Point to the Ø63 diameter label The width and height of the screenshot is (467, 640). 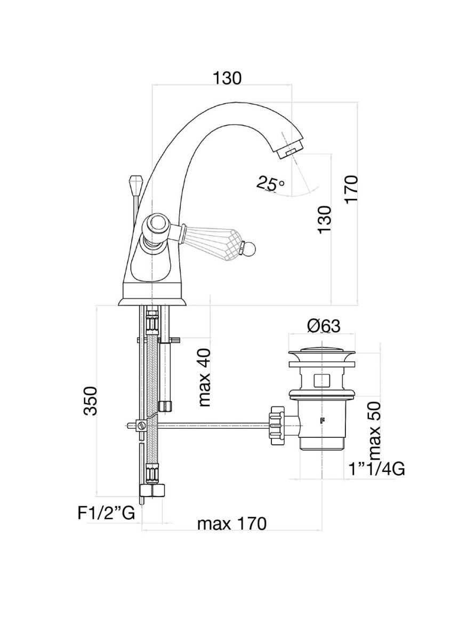click(x=324, y=326)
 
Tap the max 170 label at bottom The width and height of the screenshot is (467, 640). click(x=231, y=524)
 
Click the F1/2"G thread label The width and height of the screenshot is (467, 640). click(x=105, y=513)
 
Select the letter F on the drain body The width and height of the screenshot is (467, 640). click(x=321, y=420)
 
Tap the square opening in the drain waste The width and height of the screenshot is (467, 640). click(x=321, y=380)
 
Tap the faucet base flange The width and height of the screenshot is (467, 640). click(x=152, y=301)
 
